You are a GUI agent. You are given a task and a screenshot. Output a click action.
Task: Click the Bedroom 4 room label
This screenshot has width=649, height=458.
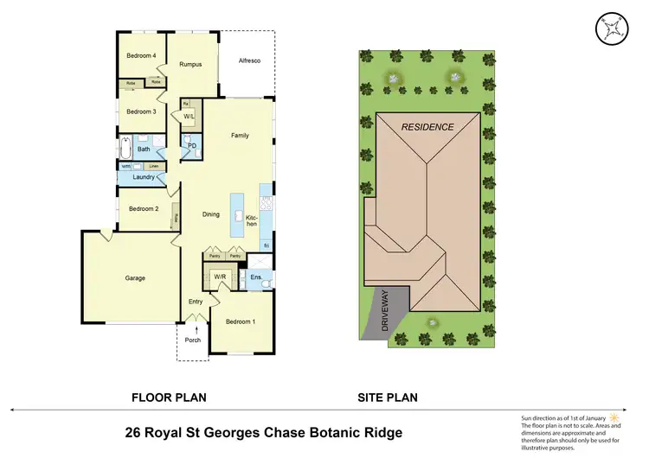pyautogui.click(x=141, y=56)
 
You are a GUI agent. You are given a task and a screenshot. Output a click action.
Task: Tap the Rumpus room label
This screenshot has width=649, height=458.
pyautogui.click(x=190, y=64)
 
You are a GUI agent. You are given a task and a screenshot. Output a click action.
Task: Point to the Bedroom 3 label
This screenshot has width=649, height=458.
pyautogui.click(x=141, y=111)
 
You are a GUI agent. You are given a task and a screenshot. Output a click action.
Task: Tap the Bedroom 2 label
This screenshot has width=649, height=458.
pyautogui.click(x=144, y=209)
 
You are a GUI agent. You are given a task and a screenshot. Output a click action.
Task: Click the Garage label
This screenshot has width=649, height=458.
pyautogui.click(x=134, y=278)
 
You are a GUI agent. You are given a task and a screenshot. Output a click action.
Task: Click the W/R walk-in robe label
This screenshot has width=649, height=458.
pyautogui.click(x=220, y=277)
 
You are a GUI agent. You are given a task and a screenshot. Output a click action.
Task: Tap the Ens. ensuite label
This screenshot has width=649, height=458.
pyautogui.click(x=256, y=277)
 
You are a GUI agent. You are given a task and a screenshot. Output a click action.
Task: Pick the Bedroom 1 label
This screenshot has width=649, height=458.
pyautogui.click(x=240, y=321)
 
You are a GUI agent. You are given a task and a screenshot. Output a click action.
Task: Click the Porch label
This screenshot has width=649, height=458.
pyautogui.click(x=193, y=339)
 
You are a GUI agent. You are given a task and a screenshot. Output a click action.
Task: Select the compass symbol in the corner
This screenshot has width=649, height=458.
pyautogui.click(x=611, y=28)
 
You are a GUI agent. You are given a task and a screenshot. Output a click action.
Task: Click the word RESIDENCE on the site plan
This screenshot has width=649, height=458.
pyautogui.click(x=427, y=127)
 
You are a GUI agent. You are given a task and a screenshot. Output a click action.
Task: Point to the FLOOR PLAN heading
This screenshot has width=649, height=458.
pyautogui.click(x=168, y=398)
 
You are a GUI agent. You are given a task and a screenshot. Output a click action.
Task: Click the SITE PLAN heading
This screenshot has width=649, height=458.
pyautogui.click(x=388, y=398)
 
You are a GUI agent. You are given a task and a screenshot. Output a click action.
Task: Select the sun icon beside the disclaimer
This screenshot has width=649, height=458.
pyautogui.click(x=615, y=416)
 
